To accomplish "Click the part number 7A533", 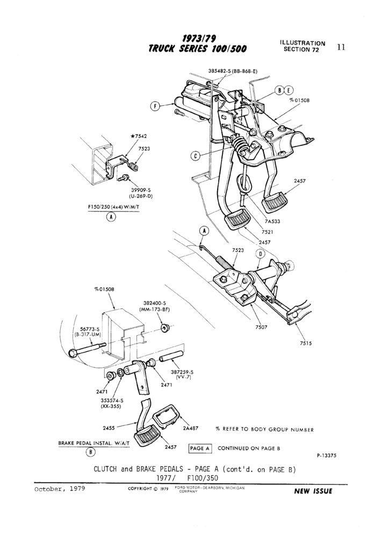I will click(x=272, y=221).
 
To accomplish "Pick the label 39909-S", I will click(x=140, y=190).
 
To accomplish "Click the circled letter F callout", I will click(x=155, y=106).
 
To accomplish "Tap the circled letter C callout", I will click(x=196, y=156).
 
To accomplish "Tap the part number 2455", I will click(x=110, y=428).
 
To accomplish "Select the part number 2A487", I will click(x=191, y=429).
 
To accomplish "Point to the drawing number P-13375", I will click(x=326, y=456).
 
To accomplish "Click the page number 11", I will click(x=341, y=47).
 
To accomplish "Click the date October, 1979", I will click(x=59, y=489).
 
